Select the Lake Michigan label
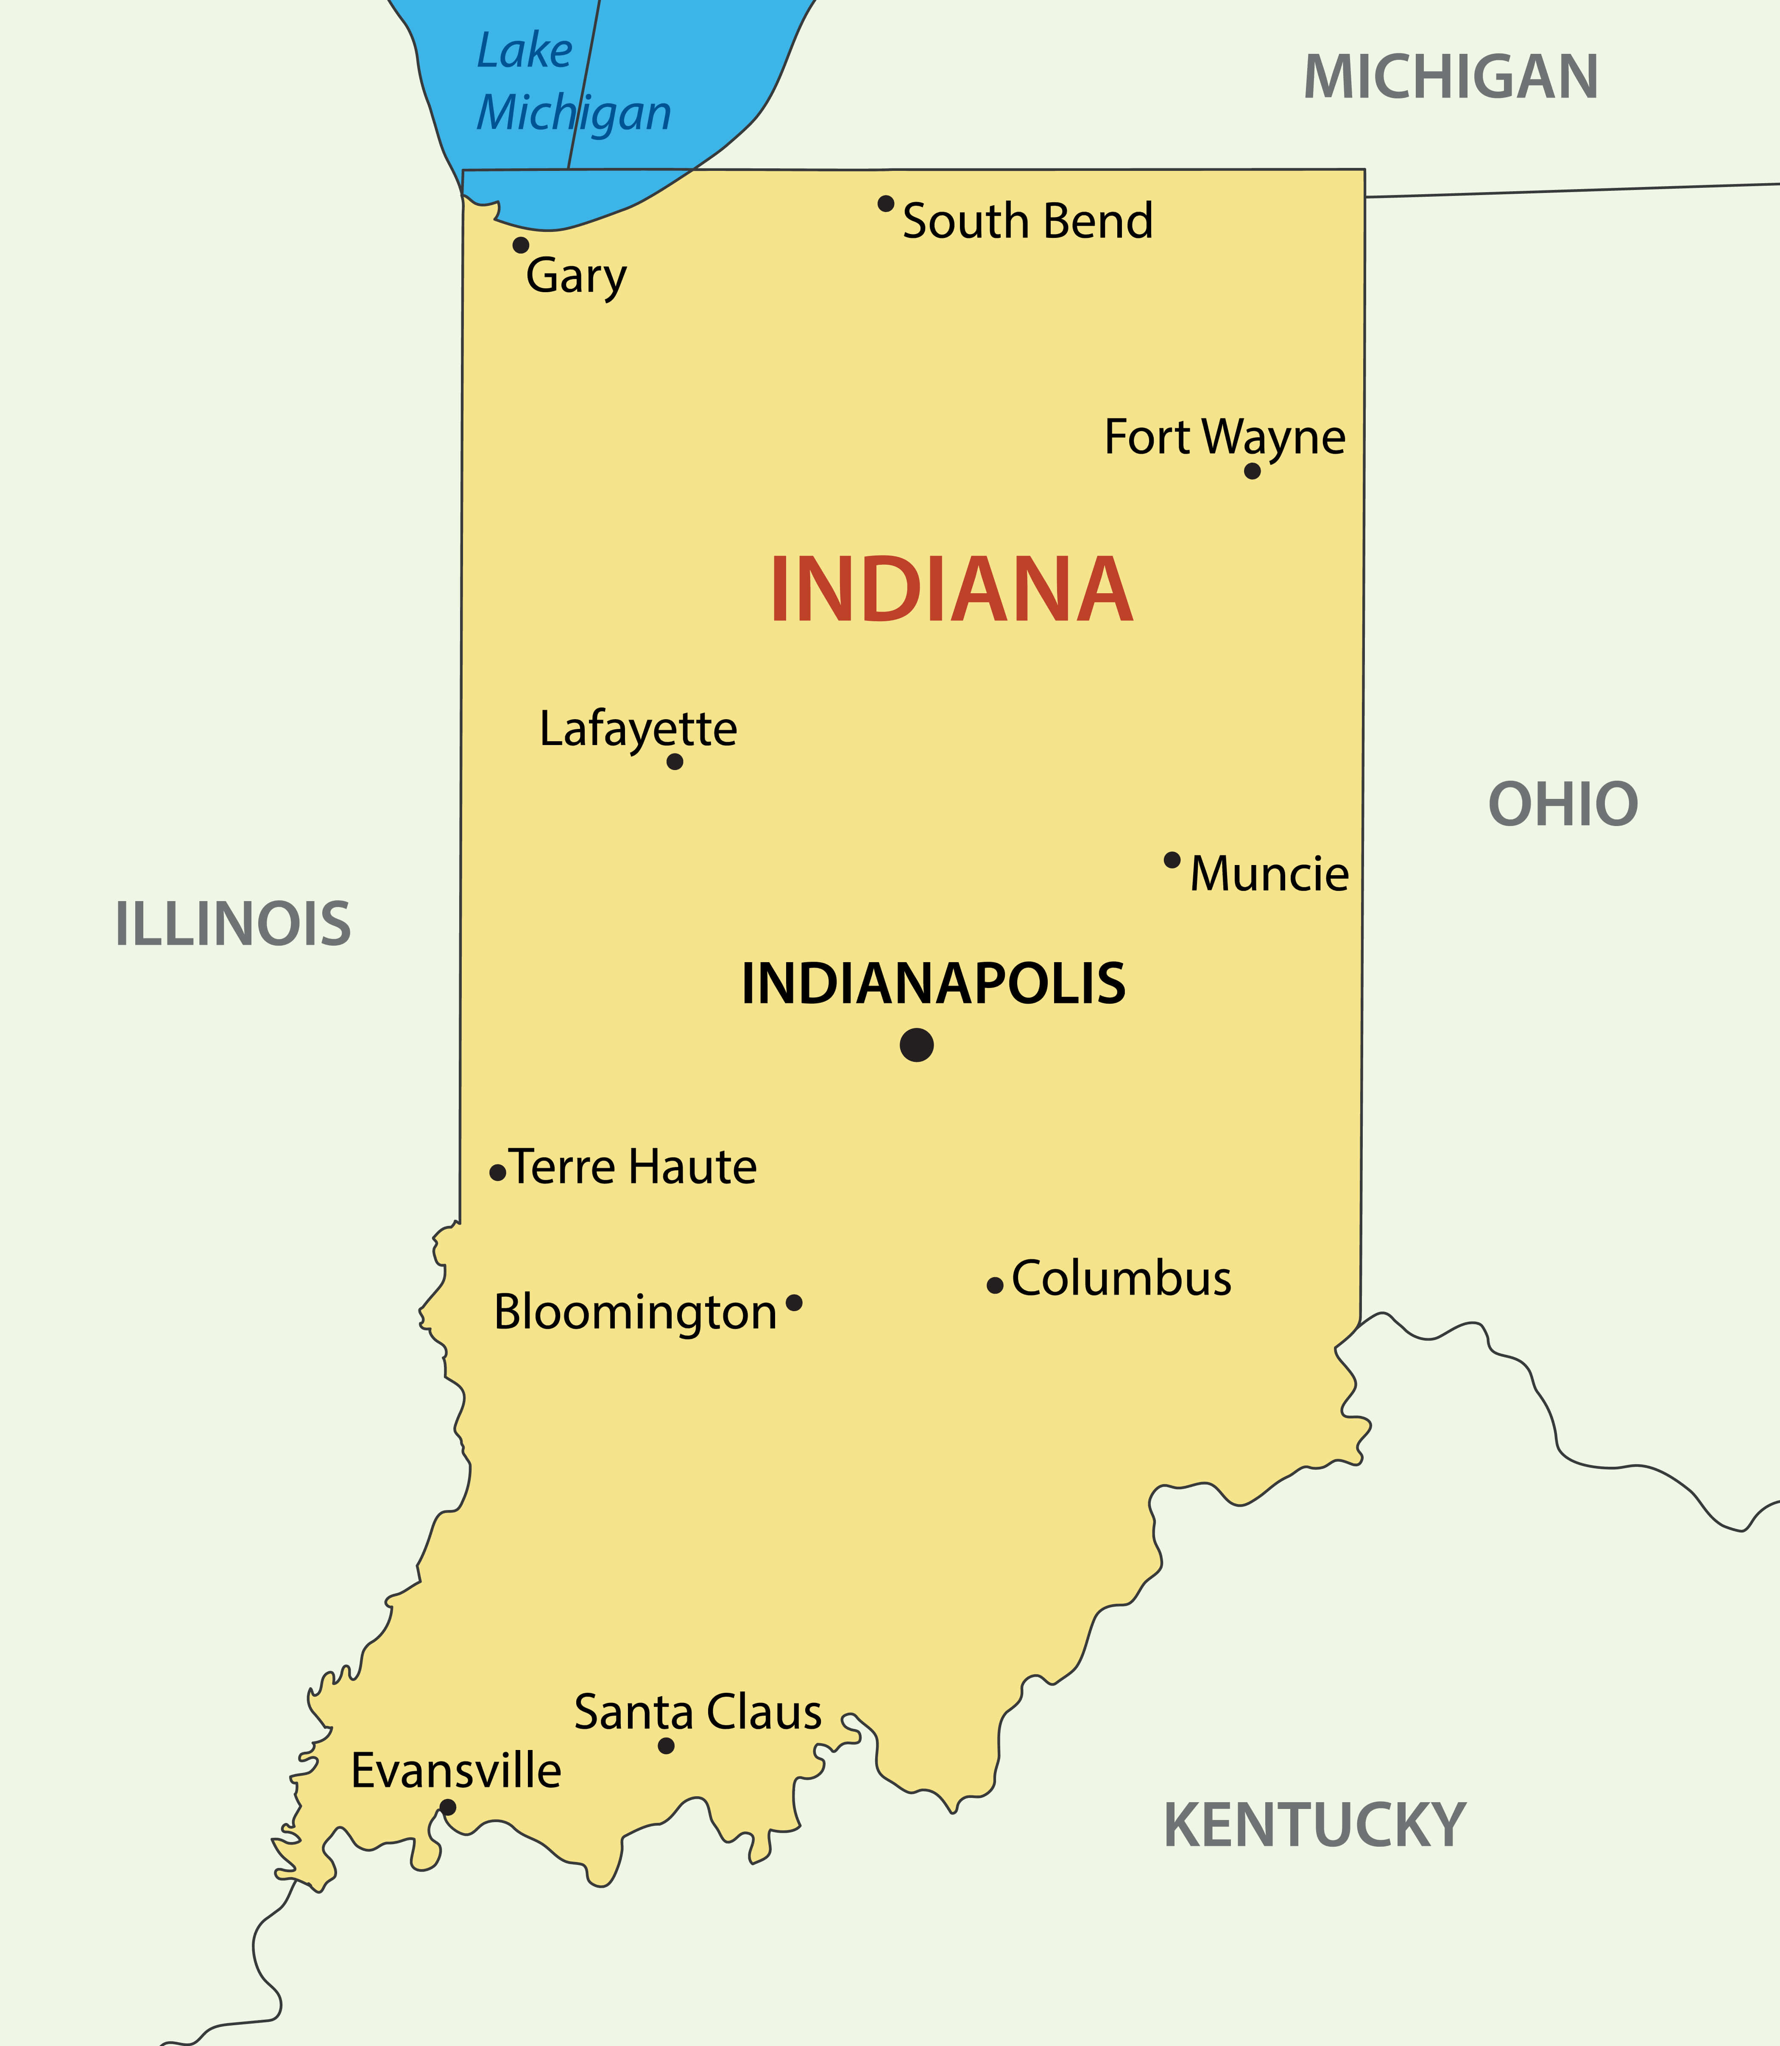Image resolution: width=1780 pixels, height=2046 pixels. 573,82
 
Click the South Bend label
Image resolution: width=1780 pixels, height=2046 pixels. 1027,221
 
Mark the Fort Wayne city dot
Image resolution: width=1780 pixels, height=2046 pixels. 1253,471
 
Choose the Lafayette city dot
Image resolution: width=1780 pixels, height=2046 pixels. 675,762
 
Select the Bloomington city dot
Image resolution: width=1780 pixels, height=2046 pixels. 794,1302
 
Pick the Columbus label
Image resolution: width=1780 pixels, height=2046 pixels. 1122,1278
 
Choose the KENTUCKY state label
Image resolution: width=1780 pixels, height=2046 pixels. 1314,1825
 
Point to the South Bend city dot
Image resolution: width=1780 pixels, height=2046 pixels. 886,204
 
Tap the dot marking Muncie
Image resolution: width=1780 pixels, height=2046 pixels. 1172,859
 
